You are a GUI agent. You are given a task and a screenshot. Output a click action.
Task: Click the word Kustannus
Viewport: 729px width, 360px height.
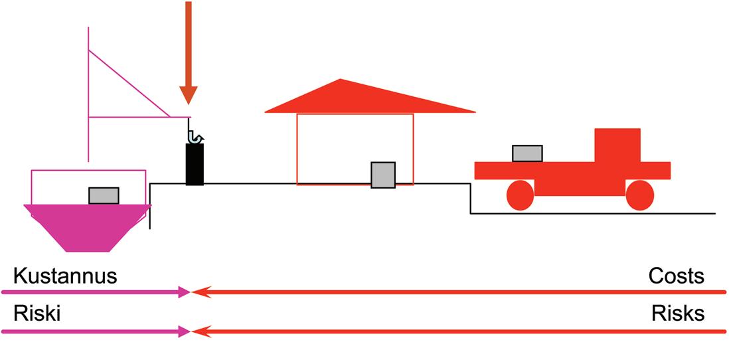65,276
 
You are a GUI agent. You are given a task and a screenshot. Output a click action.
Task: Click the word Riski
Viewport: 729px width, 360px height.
37,314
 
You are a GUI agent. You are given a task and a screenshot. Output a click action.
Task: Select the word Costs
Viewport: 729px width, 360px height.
677,276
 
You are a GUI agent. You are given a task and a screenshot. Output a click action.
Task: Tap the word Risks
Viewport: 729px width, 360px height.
678,314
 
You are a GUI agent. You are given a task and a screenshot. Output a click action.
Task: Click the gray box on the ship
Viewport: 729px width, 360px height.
104,195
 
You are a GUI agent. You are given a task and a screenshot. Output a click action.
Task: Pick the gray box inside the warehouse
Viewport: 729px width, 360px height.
383,175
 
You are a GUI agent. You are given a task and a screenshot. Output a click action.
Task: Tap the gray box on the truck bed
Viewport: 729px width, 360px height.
527,153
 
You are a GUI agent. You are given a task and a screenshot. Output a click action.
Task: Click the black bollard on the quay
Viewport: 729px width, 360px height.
195,164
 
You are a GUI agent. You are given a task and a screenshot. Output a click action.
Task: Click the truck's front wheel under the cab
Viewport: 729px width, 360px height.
639,195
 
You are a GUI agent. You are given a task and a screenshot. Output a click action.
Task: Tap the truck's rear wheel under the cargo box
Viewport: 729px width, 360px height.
520,195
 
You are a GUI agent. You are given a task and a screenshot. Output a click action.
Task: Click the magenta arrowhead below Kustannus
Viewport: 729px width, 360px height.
185,292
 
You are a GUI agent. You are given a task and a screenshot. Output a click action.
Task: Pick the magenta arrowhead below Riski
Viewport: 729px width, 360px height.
185,330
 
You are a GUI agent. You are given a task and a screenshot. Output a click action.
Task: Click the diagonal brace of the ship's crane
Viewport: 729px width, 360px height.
129,84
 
